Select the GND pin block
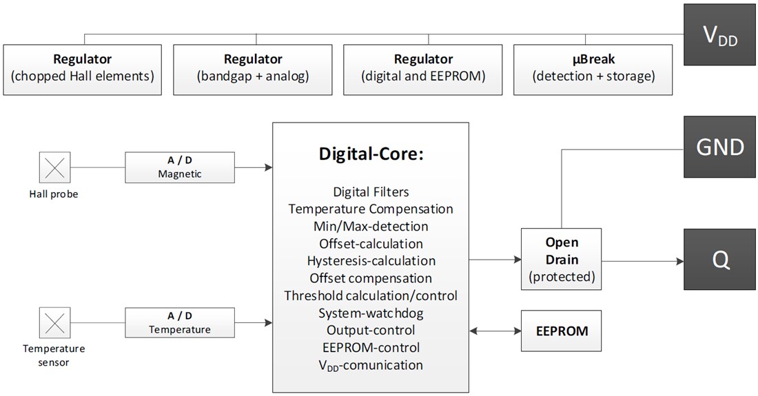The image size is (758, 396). [x=720, y=146]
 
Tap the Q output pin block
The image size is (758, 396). [x=720, y=260]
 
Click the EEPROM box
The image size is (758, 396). [x=562, y=331]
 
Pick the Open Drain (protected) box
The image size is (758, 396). [x=562, y=260]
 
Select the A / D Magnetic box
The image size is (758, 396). [x=179, y=167]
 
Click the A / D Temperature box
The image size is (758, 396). [x=179, y=322]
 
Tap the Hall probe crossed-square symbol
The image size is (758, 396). [x=54, y=167]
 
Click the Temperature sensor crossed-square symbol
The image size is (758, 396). [x=54, y=322]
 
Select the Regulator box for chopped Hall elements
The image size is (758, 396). [x=83, y=70]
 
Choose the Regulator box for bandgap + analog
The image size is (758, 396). [x=253, y=70]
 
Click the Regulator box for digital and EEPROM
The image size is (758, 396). [x=423, y=70]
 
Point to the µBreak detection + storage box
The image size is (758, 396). [x=593, y=70]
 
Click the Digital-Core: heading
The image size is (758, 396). [x=371, y=154]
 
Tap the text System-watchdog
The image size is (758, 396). [x=371, y=313]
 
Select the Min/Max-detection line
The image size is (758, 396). [x=371, y=226]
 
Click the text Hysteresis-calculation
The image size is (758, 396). [x=371, y=261]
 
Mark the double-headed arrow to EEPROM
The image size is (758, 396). [x=494, y=331]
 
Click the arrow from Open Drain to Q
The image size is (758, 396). [x=640, y=260]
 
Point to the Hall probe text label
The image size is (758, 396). [x=54, y=194]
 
